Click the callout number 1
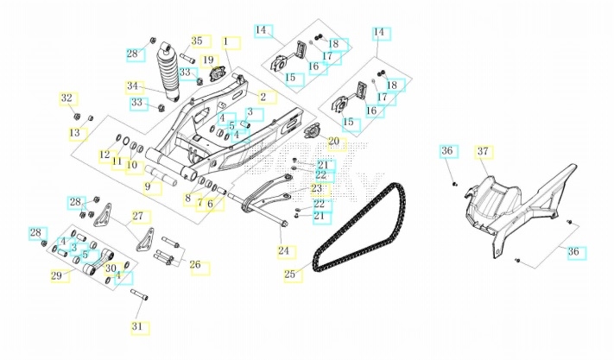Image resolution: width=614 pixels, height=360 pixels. [x=226, y=41]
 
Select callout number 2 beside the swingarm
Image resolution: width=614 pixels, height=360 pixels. [x=263, y=97]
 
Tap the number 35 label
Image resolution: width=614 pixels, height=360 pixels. [x=197, y=41]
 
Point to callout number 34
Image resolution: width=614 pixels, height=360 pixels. [x=132, y=86]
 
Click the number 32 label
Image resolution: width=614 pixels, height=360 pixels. [x=66, y=98]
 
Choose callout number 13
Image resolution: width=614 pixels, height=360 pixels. [x=75, y=133]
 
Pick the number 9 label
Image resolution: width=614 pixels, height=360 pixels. [x=148, y=186]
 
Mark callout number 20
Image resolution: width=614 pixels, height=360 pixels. [x=333, y=141]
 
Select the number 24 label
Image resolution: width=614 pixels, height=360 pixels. [x=283, y=251]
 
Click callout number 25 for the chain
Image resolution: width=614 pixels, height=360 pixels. [x=289, y=275]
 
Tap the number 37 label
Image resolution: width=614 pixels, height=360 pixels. [x=483, y=152]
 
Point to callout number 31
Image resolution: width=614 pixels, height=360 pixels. [x=137, y=326]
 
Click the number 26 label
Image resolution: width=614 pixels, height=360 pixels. [x=195, y=265]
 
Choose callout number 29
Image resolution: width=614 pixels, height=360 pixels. [x=57, y=275]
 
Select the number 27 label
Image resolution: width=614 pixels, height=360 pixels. [x=136, y=216]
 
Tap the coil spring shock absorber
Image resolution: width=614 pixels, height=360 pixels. [x=167, y=69]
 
